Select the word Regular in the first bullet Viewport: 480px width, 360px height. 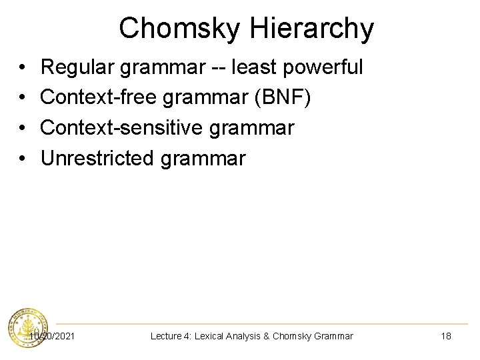pos(79,67)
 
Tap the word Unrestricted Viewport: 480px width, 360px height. pos(96,159)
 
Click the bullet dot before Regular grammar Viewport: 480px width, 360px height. pos(23,68)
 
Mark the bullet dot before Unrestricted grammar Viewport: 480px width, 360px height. pos(23,159)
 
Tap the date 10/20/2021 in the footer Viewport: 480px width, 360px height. pos(52,336)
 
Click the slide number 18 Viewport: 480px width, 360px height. pos(446,336)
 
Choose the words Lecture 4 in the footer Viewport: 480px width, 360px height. pos(170,336)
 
